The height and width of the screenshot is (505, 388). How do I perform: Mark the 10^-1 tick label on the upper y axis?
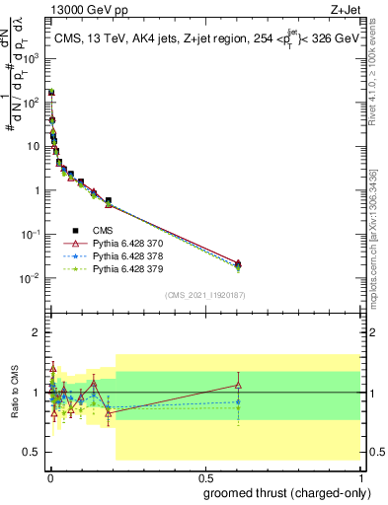pos(31,235)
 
